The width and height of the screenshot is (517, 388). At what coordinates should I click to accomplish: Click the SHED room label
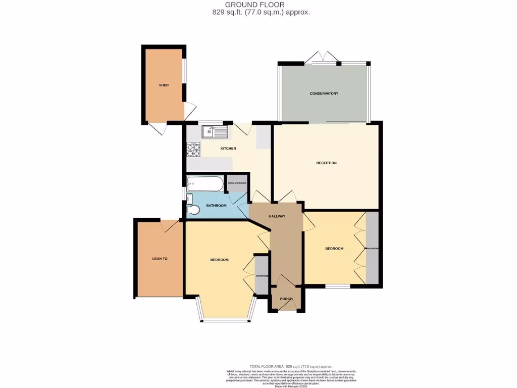[164, 85]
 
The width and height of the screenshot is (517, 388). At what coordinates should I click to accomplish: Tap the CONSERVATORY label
[324, 93]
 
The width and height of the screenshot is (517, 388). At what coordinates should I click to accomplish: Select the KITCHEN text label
[228, 149]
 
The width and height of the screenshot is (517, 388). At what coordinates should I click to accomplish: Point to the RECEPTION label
[326, 163]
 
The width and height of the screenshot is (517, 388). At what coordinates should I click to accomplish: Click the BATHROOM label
[216, 206]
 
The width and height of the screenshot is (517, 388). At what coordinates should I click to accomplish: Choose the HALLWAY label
[277, 216]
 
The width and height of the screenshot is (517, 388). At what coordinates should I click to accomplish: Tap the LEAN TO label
[160, 259]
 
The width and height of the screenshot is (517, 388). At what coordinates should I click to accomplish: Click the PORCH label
[286, 299]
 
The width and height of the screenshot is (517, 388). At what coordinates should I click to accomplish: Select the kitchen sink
[216, 132]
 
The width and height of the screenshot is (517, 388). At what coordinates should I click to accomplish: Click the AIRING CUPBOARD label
[237, 183]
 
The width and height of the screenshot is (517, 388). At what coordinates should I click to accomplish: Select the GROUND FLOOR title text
[258, 5]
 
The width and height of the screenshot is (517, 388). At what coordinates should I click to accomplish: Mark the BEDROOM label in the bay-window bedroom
[220, 260]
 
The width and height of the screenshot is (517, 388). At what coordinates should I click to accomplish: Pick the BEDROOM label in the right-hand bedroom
[334, 249]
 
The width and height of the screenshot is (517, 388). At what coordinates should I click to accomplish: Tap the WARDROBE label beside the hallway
[262, 276]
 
